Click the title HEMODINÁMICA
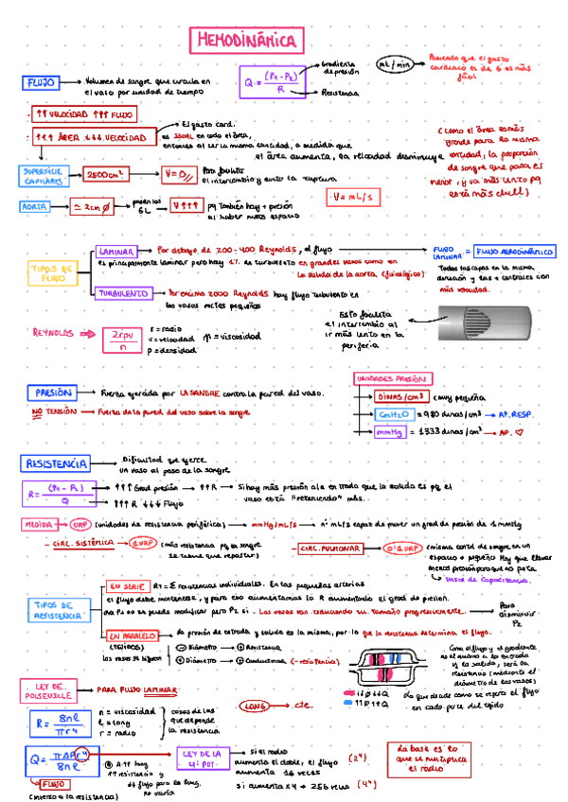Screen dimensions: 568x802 tap(247, 41)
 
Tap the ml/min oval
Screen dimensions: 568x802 tap(395, 64)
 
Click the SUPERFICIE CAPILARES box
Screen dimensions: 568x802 tap(41, 175)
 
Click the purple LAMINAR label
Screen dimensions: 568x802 tap(119, 252)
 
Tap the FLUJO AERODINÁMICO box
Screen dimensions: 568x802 tap(515, 252)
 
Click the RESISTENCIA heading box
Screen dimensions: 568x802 tap(56, 464)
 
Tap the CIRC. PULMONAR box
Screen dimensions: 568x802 tap(330, 549)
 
